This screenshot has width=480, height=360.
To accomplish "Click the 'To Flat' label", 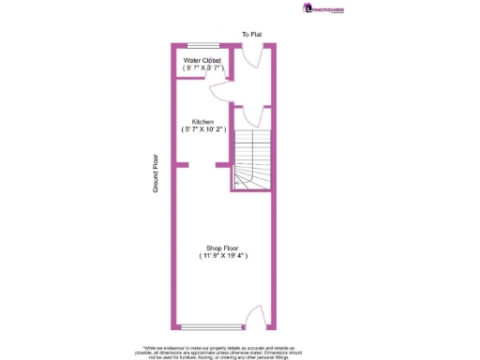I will tap(251, 35).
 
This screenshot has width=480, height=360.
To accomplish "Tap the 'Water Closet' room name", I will tap(202, 59).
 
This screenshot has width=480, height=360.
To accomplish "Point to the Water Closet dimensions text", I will tap(202, 67).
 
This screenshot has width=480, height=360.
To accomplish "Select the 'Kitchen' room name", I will tap(202, 122).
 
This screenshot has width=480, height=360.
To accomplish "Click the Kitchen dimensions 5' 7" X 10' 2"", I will tap(202, 130).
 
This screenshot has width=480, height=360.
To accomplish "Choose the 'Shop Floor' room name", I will tap(222, 247).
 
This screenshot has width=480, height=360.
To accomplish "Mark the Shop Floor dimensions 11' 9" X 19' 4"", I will tap(223, 256).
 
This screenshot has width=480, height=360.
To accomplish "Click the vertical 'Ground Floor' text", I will tap(157, 173).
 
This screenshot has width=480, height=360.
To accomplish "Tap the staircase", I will tap(249, 155).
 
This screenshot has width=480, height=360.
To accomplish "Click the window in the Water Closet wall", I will tap(199, 45).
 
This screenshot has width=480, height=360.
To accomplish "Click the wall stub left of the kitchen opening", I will tap(181, 166).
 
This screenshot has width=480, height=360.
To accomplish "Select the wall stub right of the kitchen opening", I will tap(223, 166).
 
